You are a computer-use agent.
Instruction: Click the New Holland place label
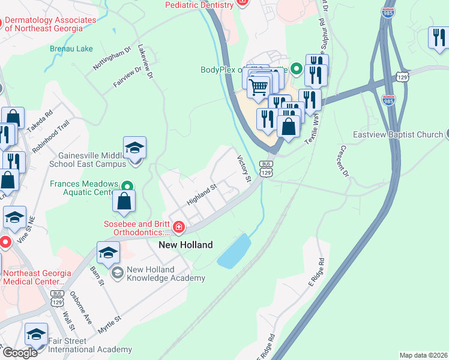point(185,245)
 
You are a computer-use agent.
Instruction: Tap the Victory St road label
point(243,169)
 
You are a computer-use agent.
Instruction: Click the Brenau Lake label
point(71,49)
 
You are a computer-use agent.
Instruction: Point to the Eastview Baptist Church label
point(397,134)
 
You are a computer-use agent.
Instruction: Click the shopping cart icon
point(259,86)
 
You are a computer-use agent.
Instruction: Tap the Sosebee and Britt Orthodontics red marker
point(178,227)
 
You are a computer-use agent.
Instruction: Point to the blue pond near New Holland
point(235,250)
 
